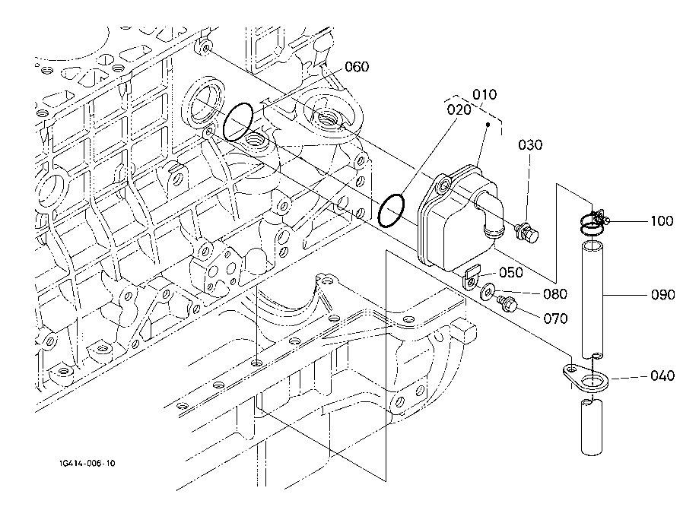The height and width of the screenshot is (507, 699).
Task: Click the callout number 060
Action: coord(356,66)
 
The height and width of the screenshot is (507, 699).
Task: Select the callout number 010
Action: coord(485,95)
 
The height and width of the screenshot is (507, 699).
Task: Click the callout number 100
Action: coord(662,221)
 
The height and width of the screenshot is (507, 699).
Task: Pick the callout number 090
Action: coord(662,295)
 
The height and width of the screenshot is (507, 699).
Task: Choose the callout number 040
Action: coord(662,375)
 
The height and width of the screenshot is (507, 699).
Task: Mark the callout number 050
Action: coord(510,273)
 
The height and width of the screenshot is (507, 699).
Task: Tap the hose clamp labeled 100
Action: coord(593,221)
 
